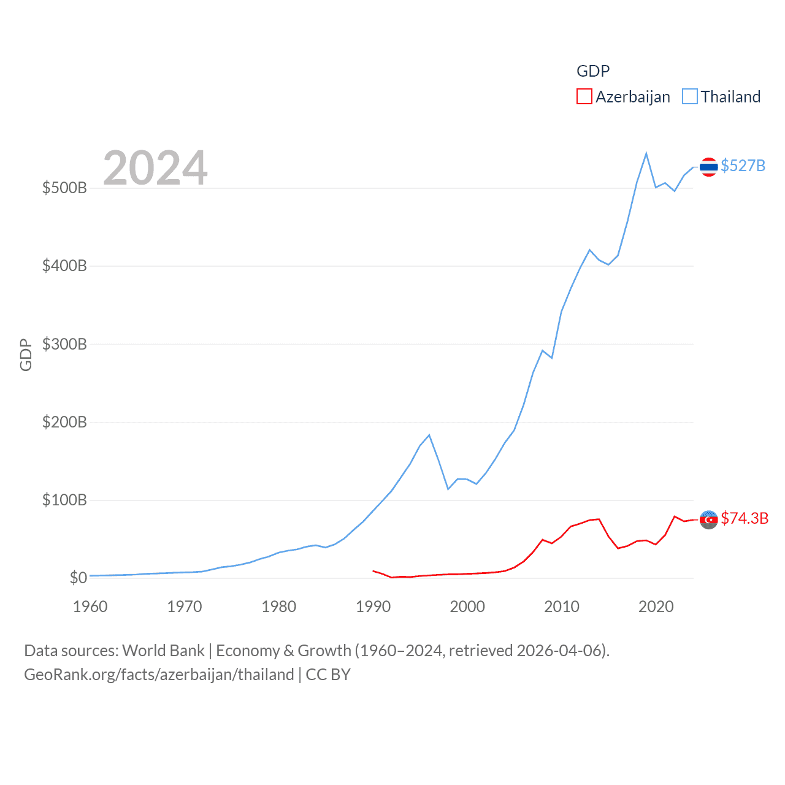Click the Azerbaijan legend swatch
(x=584, y=97)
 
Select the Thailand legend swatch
(x=690, y=97)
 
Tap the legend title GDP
(x=593, y=71)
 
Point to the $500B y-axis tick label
(x=64, y=188)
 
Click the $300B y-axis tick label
(x=64, y=344)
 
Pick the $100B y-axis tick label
(x=64, y=500)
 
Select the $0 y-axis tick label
(x=78, y=578)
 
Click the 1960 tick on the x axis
(x=90, y=607)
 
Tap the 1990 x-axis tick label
(x=373, y=607)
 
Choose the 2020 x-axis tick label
(x=656, y=607)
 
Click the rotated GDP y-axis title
(x=26, y=354)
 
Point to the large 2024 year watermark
(x=155, y=168)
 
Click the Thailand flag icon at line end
(x=708, y=166)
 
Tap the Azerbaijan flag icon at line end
(x=708, y=519)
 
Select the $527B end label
(x=743, y=166)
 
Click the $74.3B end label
(x=745, y=518)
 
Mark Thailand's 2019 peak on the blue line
(x=646, y=153)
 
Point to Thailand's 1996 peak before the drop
(x=429, y=435)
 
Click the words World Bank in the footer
(x=163, y=650)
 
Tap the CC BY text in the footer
(x=328, y=675)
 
